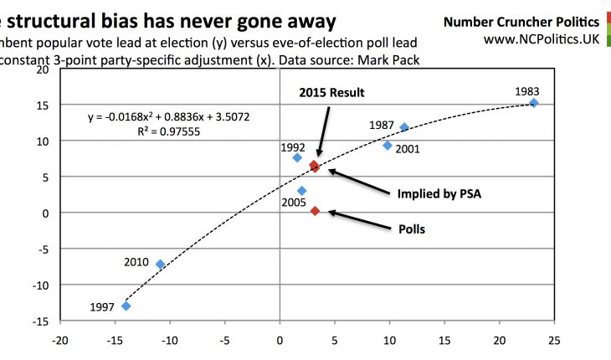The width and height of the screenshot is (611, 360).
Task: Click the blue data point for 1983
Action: click(534, 103)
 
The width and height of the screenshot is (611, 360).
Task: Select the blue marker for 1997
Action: click(126, 306)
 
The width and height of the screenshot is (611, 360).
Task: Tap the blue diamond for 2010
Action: click(161, 265)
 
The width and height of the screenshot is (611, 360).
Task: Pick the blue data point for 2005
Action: click(302, 191)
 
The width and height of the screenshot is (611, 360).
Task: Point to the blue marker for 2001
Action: click(388, 146)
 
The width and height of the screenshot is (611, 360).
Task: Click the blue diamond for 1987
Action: click(404, 127)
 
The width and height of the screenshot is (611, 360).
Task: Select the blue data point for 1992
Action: click(297, 157)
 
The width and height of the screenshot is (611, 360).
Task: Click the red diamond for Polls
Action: click(315, 211)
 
